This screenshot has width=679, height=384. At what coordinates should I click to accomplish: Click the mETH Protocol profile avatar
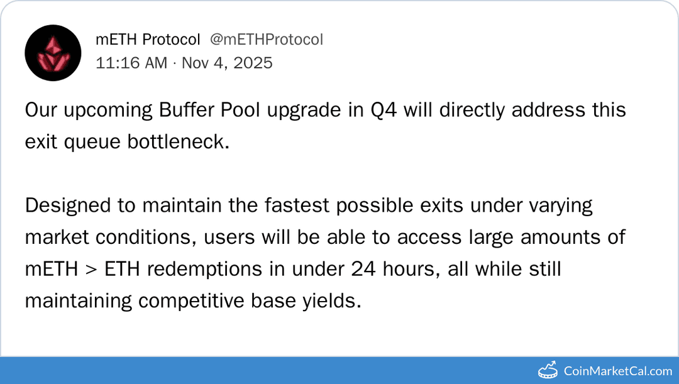[x=53, y=52]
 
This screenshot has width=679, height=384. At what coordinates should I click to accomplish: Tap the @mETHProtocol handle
[x=267, y=40]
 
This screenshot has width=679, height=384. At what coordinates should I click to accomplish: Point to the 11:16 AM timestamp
[x=131, y=63]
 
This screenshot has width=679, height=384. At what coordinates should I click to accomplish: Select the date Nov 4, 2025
[x=228, y=63]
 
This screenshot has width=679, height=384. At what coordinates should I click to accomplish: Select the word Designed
[x=69, y=206]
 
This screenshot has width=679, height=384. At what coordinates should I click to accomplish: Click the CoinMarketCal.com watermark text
[x=618, y=371]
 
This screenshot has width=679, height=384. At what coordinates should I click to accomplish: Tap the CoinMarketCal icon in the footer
[x=548, y=370]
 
